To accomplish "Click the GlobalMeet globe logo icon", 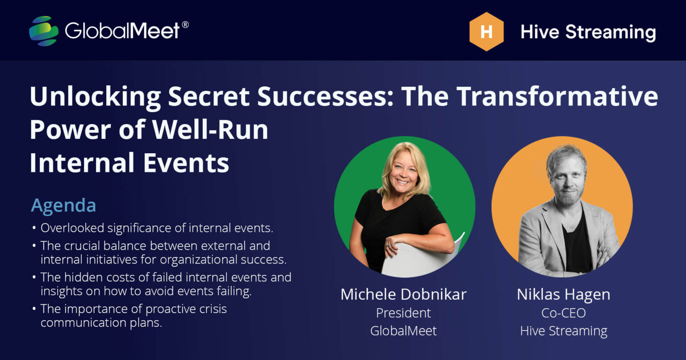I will click(43, 31).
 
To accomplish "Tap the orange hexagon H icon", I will click(486, 32).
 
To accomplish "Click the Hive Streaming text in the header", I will click(588, 32).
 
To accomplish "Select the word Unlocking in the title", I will click(95, 96).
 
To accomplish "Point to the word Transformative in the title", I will click(556, 96).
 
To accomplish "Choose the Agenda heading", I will click(63, 205).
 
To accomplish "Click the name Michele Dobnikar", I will click(403, 294).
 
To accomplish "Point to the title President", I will click(403, 313).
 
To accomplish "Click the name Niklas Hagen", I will click(563, 294).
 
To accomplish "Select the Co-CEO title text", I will click(563, 313).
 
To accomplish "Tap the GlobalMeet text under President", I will click(403, 331).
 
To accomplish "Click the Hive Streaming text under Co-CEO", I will click(563, 331).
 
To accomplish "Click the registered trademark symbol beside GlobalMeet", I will click(185, 24).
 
